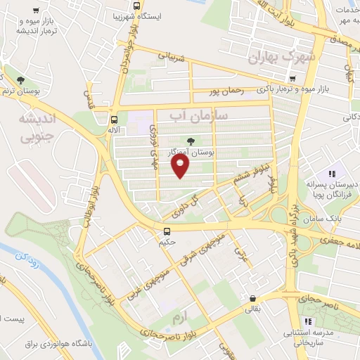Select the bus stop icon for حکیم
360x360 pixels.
tap(167, 231)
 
